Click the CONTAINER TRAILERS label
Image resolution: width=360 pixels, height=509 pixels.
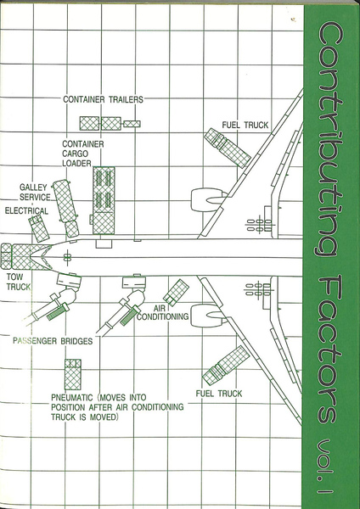pos(103,99)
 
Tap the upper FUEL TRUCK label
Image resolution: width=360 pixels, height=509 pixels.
pos(245,125)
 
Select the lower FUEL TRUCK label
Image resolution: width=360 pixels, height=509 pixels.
pos(219,394)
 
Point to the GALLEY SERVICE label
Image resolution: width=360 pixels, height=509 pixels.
pos(35,193)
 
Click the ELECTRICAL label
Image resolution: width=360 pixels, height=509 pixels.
pos(26,210)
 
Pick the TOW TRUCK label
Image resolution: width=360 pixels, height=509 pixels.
pos(19,282)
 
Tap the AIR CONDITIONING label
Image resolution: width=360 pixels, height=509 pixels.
pos(162,311)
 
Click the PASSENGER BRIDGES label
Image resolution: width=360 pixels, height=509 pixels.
pos(53,341)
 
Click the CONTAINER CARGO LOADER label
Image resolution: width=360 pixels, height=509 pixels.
pos(83,154)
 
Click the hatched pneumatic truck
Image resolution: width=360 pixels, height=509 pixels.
pos(73,374)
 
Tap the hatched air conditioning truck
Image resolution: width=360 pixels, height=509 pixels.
pos(176,292)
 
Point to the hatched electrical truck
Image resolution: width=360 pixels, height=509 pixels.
pos(39,229)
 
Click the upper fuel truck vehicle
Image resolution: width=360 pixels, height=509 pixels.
pos(227,148)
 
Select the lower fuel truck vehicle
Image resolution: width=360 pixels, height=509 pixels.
pos(226,365)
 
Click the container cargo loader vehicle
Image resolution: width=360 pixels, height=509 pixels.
pos(104,200)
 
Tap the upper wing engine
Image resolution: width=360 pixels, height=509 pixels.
pos(209,199)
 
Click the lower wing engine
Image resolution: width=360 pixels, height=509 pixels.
pos(209,315)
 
